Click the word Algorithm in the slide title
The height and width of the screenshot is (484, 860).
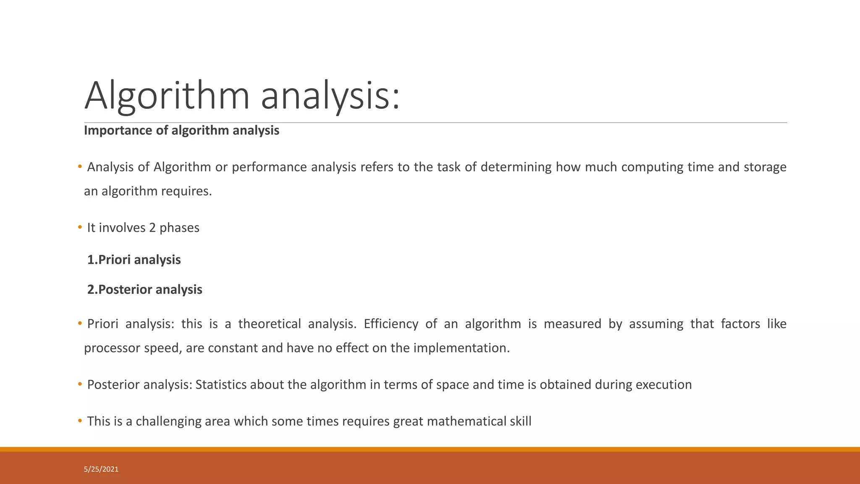coord(167,97)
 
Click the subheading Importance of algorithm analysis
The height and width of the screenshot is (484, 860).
coord(181,131)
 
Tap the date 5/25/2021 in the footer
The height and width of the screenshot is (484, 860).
coord(101,469)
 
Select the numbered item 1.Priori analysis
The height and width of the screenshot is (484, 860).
coord(134,260)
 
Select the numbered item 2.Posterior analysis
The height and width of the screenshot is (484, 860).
coord(144,289)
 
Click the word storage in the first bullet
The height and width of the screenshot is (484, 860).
coord(765,167)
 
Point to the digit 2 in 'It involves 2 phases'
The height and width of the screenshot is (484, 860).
coord(152,228)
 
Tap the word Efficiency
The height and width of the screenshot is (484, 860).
coord(391,324)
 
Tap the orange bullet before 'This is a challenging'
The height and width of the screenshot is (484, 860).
coord(80,421)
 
